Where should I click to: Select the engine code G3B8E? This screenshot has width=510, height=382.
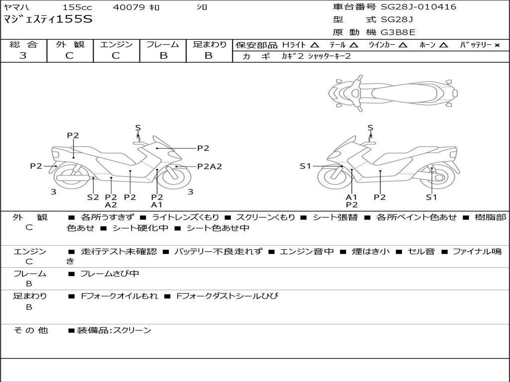click(398, 32)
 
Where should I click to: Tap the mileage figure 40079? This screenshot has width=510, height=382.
click(128, 7)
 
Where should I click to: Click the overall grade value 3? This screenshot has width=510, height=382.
click(23, 56)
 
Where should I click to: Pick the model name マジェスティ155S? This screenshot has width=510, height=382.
click(48, 20)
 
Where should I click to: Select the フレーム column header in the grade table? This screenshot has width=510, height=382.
click(163, 44)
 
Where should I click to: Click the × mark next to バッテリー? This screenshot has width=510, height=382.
click(497, 45)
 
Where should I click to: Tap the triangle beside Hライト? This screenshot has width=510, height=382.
click(314, 45)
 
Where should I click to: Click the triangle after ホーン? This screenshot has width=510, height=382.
click(443, 45)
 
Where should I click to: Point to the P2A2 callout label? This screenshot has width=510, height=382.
click(209, 167)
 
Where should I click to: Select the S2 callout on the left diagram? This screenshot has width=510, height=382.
click(93, 197)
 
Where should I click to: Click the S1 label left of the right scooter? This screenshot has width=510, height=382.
click(305, 166)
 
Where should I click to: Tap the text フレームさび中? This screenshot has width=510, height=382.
click(110, 274)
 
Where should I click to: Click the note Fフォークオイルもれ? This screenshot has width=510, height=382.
click(120, 296)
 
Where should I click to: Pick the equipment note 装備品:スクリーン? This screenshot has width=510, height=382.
click(114, 330)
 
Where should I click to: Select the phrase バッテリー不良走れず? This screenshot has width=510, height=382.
click(218, 252)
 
